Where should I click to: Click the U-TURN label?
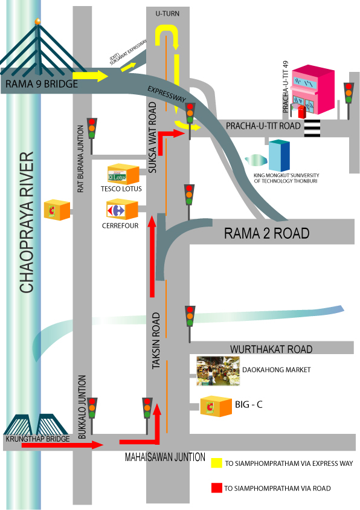click(x=167, y=14)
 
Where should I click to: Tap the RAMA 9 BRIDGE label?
click(x=42, y=84)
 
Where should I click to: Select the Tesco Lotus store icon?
click(x=123, y=174)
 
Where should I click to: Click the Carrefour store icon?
click(x=122, y=210)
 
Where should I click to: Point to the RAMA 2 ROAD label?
click(x=266, y=233)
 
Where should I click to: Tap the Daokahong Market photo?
click(x=218, y=371)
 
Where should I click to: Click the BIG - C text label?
click(x=249, y=405)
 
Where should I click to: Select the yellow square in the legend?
click(x=217, y=463)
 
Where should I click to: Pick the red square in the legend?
click(x=217, y=488)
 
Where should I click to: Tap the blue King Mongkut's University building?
click(x=279, y=155)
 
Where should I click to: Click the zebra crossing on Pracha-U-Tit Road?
click(x=312, y=128)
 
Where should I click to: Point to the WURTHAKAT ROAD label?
click(x=271, y=349)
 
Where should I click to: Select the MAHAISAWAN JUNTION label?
click(x=166, y=457)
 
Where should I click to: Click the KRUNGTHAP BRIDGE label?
click(x=37, y=439)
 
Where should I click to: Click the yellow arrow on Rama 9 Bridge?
click(x=90, y=76)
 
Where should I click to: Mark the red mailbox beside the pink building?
click(x=302, y=112)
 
